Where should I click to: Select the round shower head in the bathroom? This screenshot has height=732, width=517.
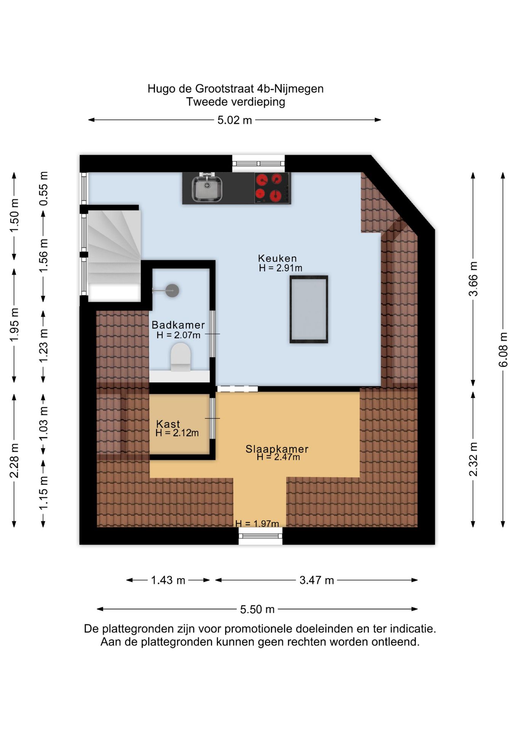[x=172, y=291]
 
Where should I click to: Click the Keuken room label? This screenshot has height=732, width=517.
[x=277, y=258]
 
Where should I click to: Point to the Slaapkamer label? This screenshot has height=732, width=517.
[x=277, y=449]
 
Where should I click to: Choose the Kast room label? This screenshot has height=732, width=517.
[x=168, y=424]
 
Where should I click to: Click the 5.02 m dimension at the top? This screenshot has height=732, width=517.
[x=235, y=120]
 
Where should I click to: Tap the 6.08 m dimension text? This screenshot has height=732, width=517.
[x=503, y=350]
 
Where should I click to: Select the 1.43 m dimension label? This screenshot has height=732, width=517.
[x=168, y=580]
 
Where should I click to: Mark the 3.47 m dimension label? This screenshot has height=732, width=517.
[x=316, y=580]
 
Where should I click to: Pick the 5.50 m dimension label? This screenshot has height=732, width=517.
[x=257, y=609]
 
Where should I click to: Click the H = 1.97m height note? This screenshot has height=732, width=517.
[x=257, y=523]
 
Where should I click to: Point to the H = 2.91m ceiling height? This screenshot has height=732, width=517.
[x=281, y=268]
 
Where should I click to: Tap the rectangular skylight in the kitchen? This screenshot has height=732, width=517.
[x=309, y=309]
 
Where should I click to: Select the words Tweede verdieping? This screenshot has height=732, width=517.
[x=236, y=102]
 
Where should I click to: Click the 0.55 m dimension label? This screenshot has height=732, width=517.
[x=44, y=189]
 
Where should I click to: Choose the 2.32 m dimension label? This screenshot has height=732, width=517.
[x=473, y=459]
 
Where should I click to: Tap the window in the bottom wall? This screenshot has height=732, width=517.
[x=260, y=536]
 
